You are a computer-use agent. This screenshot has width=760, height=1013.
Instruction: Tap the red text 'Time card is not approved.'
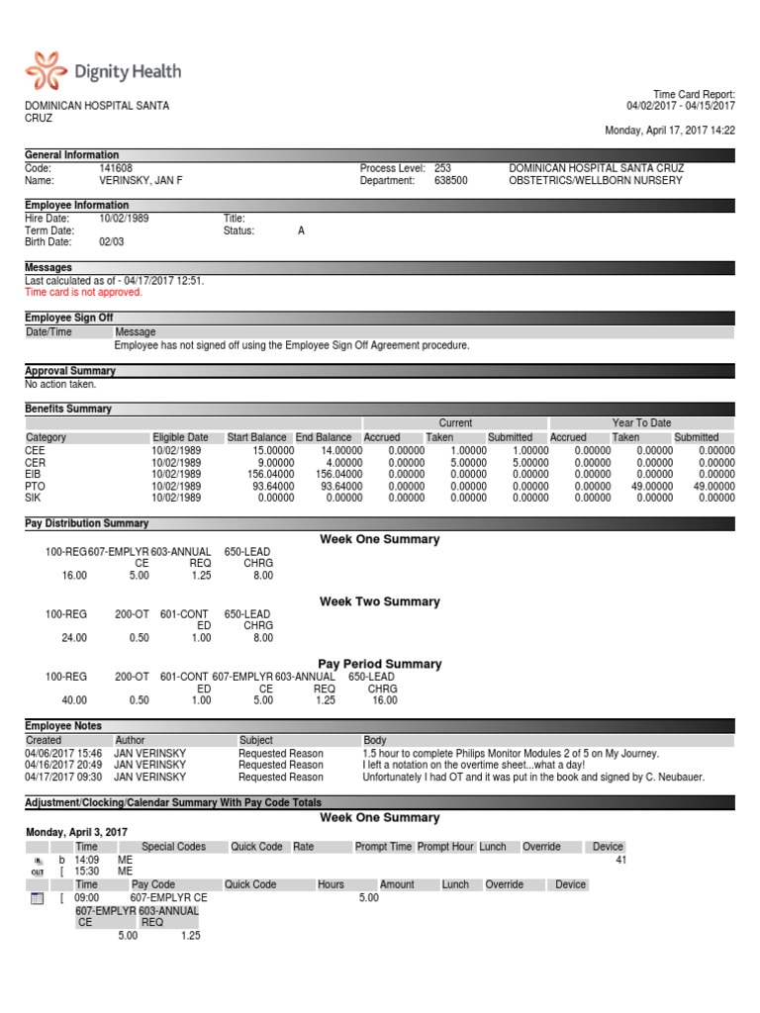click(83, 292)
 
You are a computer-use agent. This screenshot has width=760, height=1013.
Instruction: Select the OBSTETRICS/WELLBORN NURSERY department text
click(596, 181)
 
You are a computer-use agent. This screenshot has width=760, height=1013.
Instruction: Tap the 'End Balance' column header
click(324, 437)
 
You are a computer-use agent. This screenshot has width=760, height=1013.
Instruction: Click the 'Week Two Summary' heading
click(380, 601)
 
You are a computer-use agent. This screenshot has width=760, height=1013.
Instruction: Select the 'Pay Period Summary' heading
click(380, 664)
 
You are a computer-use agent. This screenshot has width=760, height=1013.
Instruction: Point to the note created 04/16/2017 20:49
click(63, 765)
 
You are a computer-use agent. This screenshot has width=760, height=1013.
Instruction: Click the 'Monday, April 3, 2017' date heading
click(76, 832)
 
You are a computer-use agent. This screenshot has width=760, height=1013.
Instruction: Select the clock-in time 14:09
click(87, 861)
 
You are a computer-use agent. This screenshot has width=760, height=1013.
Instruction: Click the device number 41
click(620, 861)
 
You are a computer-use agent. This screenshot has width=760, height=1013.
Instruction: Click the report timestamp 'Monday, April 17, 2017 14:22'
click(670, 130)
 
